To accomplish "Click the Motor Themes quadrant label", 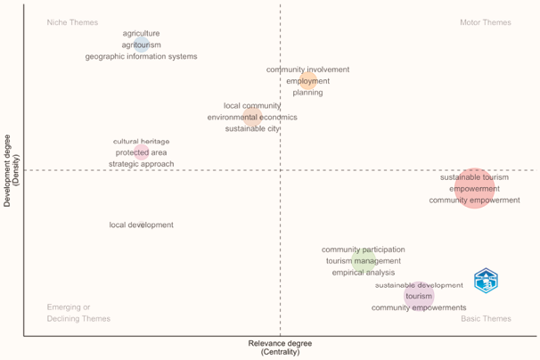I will tap(485, 22).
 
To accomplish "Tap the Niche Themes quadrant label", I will tap(73, 22).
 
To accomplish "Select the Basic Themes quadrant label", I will tap(486, 318).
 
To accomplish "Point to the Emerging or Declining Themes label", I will tap(78, 313).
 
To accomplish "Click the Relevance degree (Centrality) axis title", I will tap(281, 348).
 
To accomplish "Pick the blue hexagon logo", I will tap(486, 281).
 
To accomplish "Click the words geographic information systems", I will tap(142, 56).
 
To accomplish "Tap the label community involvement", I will tap(307, 70).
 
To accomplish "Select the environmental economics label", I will tap(252, 117).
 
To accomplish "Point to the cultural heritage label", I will tap(141, 141).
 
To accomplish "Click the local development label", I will tap(141, 225).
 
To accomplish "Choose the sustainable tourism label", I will tap(474, 176).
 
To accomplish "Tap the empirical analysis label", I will tap(363, 273).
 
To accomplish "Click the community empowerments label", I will tap(419, 307).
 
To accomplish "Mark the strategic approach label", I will tap(141, 164).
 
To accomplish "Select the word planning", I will tap(307, 93).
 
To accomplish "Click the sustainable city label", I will tap(252, 128).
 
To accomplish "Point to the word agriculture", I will tap(142, 33).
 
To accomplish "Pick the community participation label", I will tap(363, 250).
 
